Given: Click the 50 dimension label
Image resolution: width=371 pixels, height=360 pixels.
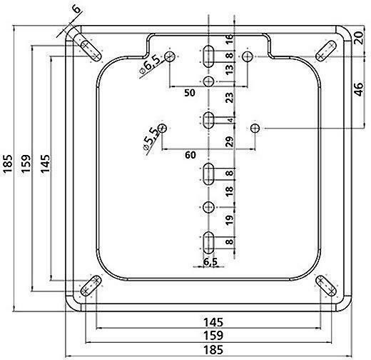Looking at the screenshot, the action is click(190, 93).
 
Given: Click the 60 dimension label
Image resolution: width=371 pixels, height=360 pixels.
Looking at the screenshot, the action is click(190, 155).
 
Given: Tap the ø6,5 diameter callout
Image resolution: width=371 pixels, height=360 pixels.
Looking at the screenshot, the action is click(150, 64).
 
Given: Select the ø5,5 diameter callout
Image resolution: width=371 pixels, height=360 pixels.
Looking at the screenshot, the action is click(151, 140).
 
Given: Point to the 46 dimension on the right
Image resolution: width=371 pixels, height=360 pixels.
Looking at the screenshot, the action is click(359, 89).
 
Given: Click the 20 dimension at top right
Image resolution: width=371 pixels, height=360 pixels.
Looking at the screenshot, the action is click(359, 38).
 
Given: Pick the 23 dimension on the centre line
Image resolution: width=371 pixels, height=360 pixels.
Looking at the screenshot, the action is click(229, 98).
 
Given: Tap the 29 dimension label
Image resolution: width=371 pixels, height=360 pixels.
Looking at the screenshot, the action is click(229, 142).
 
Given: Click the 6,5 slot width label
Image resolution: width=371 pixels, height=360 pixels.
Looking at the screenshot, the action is click(210, 261).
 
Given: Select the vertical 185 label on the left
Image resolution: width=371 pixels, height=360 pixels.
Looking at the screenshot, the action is click(8, 164).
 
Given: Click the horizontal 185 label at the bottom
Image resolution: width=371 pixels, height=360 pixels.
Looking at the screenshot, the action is click(213, 350).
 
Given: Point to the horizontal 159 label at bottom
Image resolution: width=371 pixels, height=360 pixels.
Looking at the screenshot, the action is click(213, 336).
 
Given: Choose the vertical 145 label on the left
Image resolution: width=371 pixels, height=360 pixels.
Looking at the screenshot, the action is click(45, 164).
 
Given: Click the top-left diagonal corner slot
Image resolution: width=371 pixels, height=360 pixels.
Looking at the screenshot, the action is click(91, 51).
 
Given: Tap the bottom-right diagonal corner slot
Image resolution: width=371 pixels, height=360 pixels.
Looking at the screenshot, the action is click(326, 286).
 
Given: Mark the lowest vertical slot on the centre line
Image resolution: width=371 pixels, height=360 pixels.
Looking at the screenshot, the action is click(208, 243).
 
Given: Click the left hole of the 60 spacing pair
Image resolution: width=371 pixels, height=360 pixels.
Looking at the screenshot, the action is click(162, 129).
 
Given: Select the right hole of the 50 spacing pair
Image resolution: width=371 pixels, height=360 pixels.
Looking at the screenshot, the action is click(248, 56).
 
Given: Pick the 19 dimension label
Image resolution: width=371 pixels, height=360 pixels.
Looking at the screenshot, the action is click(229, 220).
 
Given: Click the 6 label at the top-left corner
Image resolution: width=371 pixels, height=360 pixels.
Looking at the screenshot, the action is click(76, 10).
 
